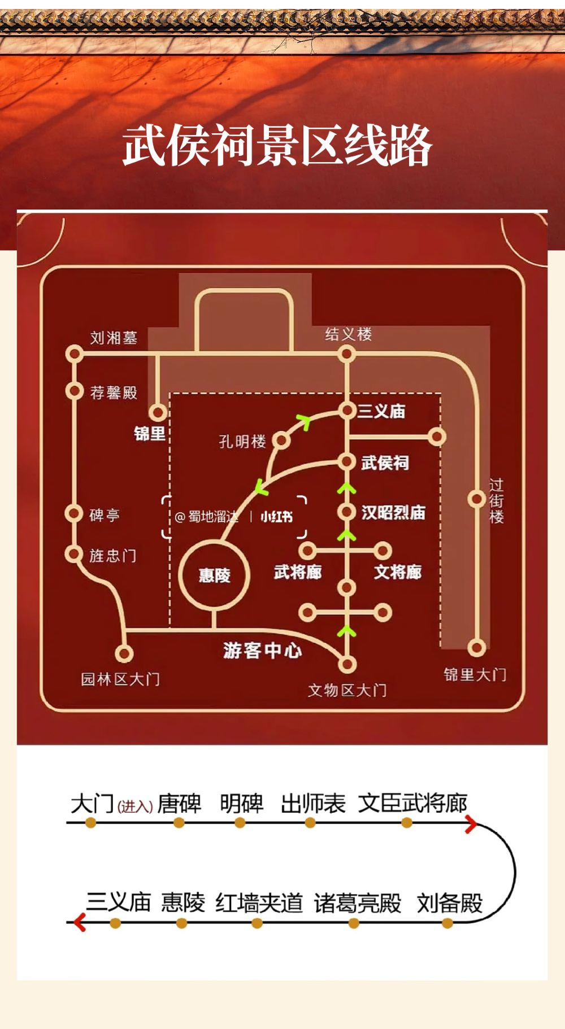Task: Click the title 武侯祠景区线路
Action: click(x=277, y=146)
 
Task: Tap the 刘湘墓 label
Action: click(x=114, y=338)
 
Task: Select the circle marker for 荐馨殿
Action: click(x=74, y=390)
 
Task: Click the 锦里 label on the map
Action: click(x=150, y=433)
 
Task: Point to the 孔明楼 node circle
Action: click(x=281, y=441)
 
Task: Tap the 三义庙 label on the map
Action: click(x=381, y=411)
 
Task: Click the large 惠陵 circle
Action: click(x=214, y=575)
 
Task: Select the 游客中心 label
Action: click(x=263, y=650)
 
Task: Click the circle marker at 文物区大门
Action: click(x=347, y=664)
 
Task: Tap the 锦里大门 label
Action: click(x=475, y=674)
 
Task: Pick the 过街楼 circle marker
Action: click(x=477, y=499)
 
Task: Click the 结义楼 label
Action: click(x=349, y=334)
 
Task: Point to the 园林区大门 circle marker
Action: click(x=124, y=653)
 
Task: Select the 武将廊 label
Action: click(x=298, y=572)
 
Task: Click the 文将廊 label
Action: click(x=398, y=572)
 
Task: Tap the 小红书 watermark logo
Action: click(x=277, y=516)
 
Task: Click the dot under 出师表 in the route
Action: click(x=310, y=823)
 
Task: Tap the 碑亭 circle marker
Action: click(x=74, y=513)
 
